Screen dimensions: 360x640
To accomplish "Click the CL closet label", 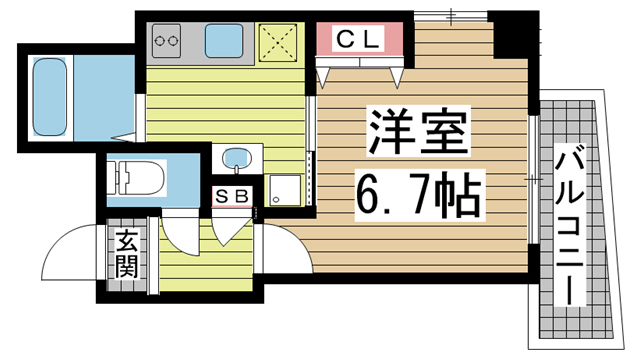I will pyautogui.click(x=358, y=40).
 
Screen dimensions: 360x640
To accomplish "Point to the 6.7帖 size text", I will pyautogui.click(x=417, y=194).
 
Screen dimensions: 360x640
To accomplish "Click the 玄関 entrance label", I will pyautogui.click(x=127, y=254).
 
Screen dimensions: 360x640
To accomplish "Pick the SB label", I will pyautogui.click(x=233, y=196).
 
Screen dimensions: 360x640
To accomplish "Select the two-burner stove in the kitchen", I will pyautogui.click(x=166, y=42).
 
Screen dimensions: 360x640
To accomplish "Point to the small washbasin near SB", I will pyautogui.click(x=236, y=158).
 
